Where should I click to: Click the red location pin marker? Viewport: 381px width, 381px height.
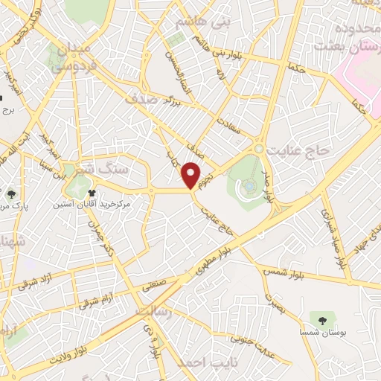point(192,174)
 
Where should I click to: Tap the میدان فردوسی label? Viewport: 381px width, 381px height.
point(70,55)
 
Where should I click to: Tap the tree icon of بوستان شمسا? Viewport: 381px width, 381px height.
point(322,320)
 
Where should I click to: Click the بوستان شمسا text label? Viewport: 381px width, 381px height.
point(321,333)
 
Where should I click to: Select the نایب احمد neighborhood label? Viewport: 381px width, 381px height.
point(203,363)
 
